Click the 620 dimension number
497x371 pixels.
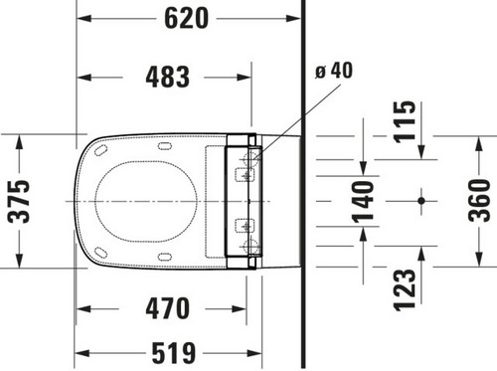click(x=187, y=19)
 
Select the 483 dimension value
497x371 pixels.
click(x=168, y=77)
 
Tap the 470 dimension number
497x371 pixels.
click(x=168, y=308)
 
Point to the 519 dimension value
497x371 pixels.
click(x=174, y=353)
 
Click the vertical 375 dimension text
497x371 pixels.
click(x=19, y=201)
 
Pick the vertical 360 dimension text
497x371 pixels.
click(x=479, y=200)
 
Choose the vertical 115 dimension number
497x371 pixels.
click(x=405, y=122)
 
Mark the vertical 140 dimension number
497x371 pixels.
click(x=363, y=202)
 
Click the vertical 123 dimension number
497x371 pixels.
click(x=405, y=289)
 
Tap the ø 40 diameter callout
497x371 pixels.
click(x=334, y=71)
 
